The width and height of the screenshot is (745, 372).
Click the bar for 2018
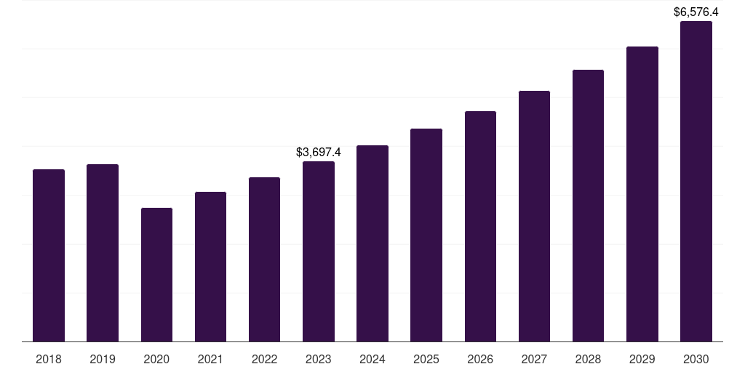coord(49,255)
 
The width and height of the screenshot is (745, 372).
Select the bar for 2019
coord(103,253)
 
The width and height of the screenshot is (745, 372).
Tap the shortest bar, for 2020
coord(156,275)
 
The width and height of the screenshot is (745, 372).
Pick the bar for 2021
coord(210,267)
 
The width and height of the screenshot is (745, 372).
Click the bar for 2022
coord(264,259)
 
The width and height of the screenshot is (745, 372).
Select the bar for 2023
coord(319,251)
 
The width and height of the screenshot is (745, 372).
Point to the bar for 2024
coord(372,243)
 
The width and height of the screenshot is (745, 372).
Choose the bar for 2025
coord(426,235)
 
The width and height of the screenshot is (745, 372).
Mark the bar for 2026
coord(480,226)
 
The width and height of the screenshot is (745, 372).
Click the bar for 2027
coord(534,216)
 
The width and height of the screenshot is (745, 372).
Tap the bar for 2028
coord(588,206)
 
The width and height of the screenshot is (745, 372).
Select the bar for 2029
coord(642,194)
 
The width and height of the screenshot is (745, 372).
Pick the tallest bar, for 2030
coord(696,181)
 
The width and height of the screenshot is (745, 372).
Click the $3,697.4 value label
coord(319,152)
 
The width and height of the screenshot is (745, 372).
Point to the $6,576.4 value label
coord(696,12)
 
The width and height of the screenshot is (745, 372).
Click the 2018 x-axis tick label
coord(49,359)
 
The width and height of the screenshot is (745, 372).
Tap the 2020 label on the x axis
coord(156,359)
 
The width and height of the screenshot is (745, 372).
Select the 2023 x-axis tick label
coord(319,359)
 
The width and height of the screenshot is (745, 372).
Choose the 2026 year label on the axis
coord(480,359)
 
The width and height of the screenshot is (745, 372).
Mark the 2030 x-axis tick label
coord(696,359)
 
